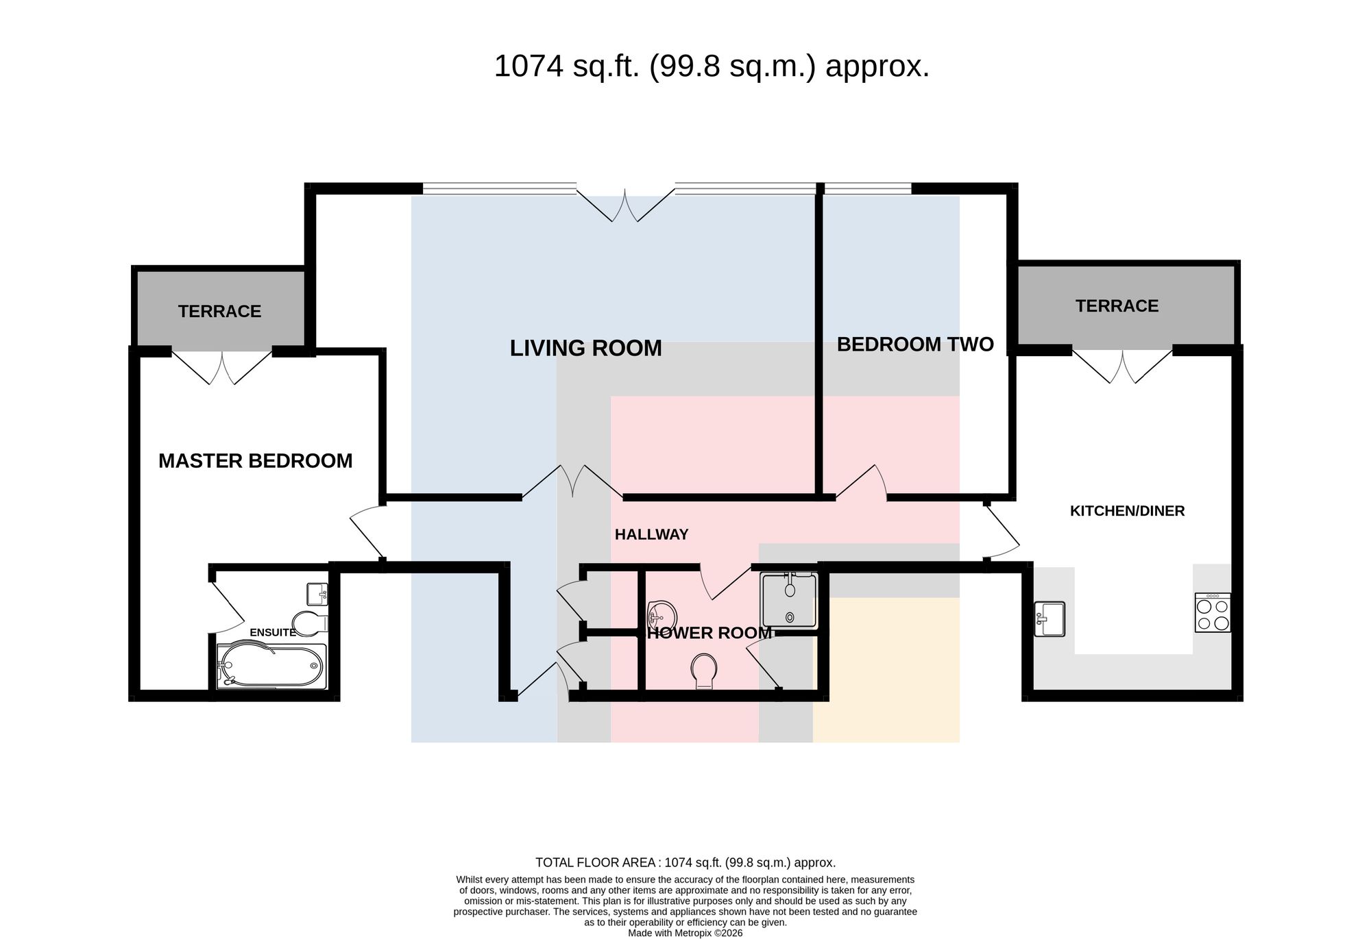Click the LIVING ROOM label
(585, 348)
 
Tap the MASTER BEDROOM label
(255, 461)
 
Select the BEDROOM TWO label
(915, 345)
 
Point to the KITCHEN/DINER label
(1127, 511)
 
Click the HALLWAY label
(651, 535)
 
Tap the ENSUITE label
(273, 632)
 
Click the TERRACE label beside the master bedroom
(219, 312)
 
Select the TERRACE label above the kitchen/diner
(1117, 306)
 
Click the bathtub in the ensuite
(271, 666)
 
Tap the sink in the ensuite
(317, 594)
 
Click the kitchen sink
(1049, 619)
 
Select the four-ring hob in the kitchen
(1213, 612)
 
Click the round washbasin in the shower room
(662, 614)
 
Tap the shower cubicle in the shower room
(789, 601)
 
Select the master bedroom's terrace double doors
(222, 367)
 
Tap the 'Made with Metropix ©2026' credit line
(685, 933)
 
